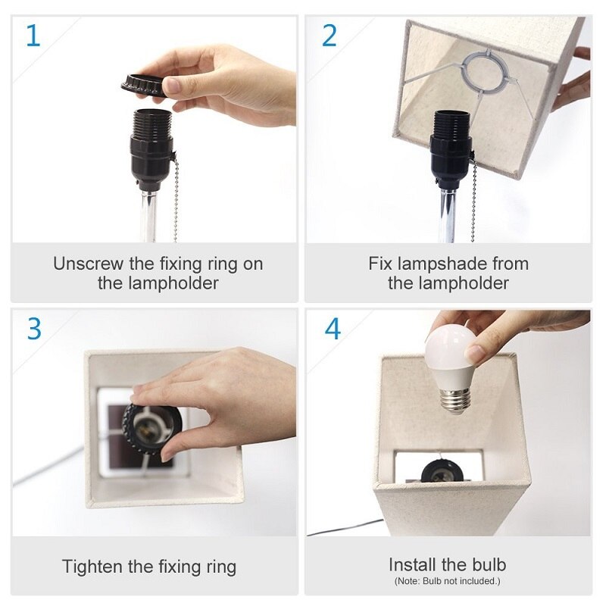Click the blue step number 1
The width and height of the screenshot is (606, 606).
33,36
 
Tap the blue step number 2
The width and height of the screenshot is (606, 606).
330,36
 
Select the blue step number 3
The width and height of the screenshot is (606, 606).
34,329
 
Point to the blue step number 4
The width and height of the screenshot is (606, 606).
333,329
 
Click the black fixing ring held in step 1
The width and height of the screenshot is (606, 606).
144,85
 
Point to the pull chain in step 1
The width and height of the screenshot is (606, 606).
176,197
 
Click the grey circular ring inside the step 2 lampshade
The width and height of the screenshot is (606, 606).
482,72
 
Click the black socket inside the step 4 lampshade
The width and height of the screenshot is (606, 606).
438,470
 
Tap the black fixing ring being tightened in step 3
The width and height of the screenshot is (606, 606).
153,428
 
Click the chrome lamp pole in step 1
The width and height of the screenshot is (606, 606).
149,217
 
